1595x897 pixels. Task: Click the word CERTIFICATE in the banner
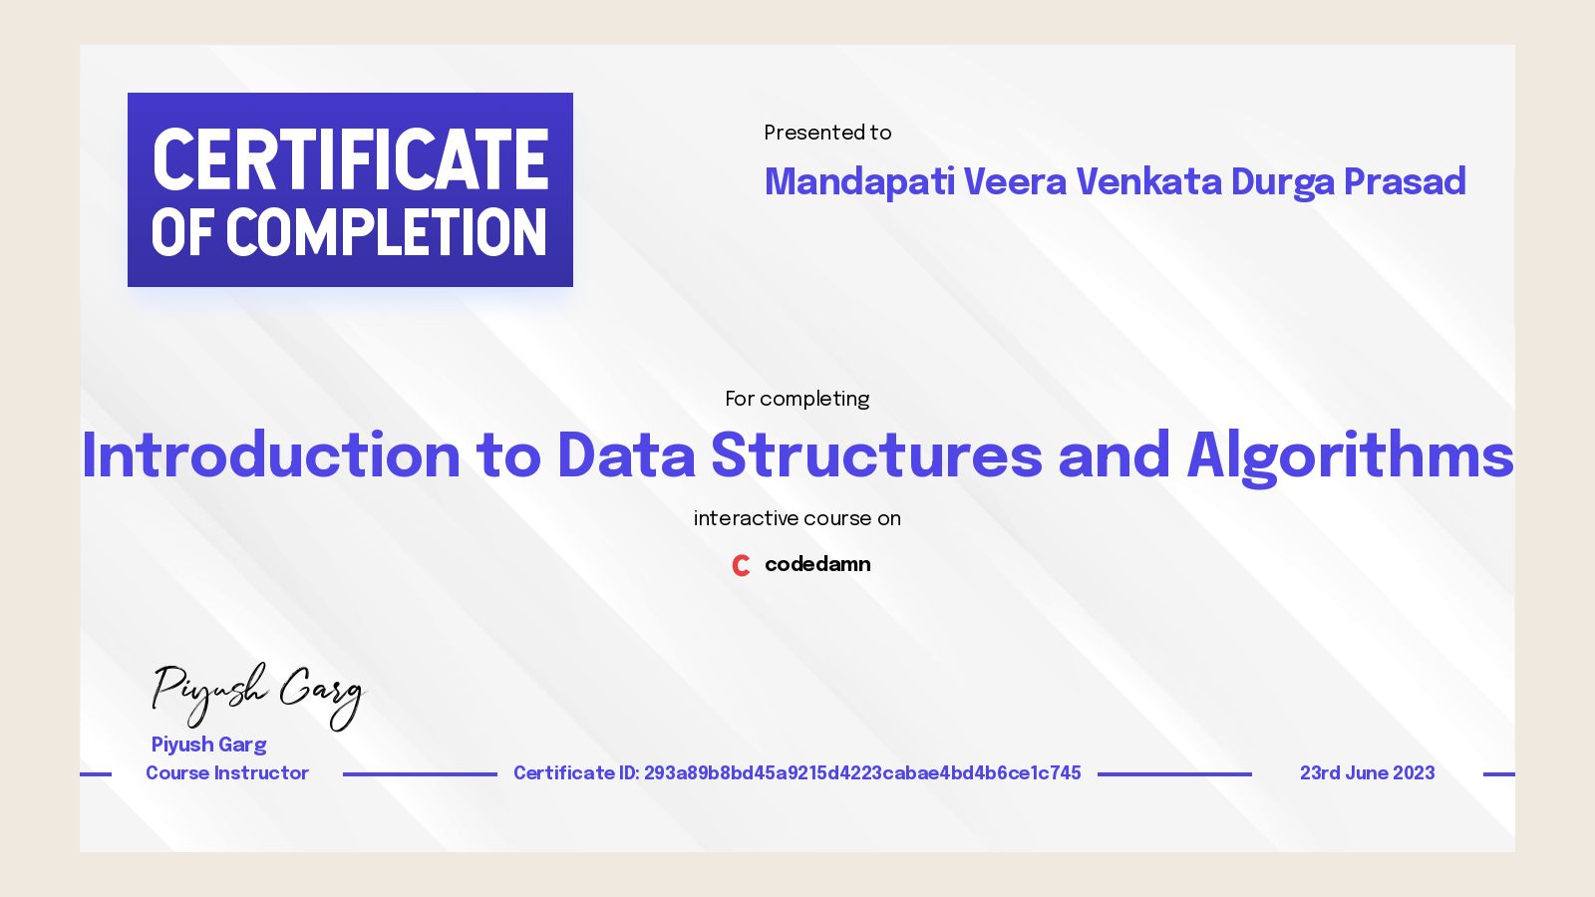(350, 159)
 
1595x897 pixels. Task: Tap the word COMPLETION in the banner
(387, 233)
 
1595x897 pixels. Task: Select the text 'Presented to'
(827, 133)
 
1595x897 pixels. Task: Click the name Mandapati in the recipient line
(859, 182)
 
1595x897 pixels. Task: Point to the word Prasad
(1405, 182)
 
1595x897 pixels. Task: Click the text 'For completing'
(797, 399)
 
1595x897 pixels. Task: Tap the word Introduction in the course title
(271, 455)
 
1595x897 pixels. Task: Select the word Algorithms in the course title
(1350, 455)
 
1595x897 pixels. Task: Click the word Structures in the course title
(876, 455)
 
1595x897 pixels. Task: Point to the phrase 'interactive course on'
(797, 518)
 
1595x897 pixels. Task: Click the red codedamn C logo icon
(741, 565)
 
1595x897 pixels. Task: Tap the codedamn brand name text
(817, 564)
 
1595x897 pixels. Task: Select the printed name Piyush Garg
(208, 745)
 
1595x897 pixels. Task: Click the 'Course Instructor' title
(227, 773)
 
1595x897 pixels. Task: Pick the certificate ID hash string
(862, 773)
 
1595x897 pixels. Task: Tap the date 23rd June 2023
(1367, 773)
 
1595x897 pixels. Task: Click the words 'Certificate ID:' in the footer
(576, 773)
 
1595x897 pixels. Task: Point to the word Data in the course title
(626, 455)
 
